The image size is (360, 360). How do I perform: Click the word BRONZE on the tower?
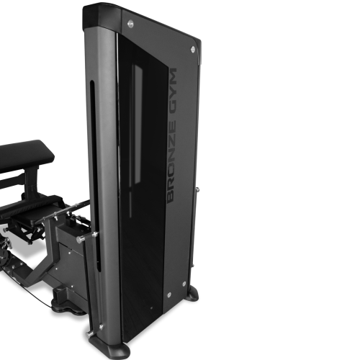(172, 161)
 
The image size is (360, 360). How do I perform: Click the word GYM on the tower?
(173, 93)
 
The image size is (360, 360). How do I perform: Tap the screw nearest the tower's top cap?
(130, 24)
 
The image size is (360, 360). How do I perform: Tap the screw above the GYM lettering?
(193, 50)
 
